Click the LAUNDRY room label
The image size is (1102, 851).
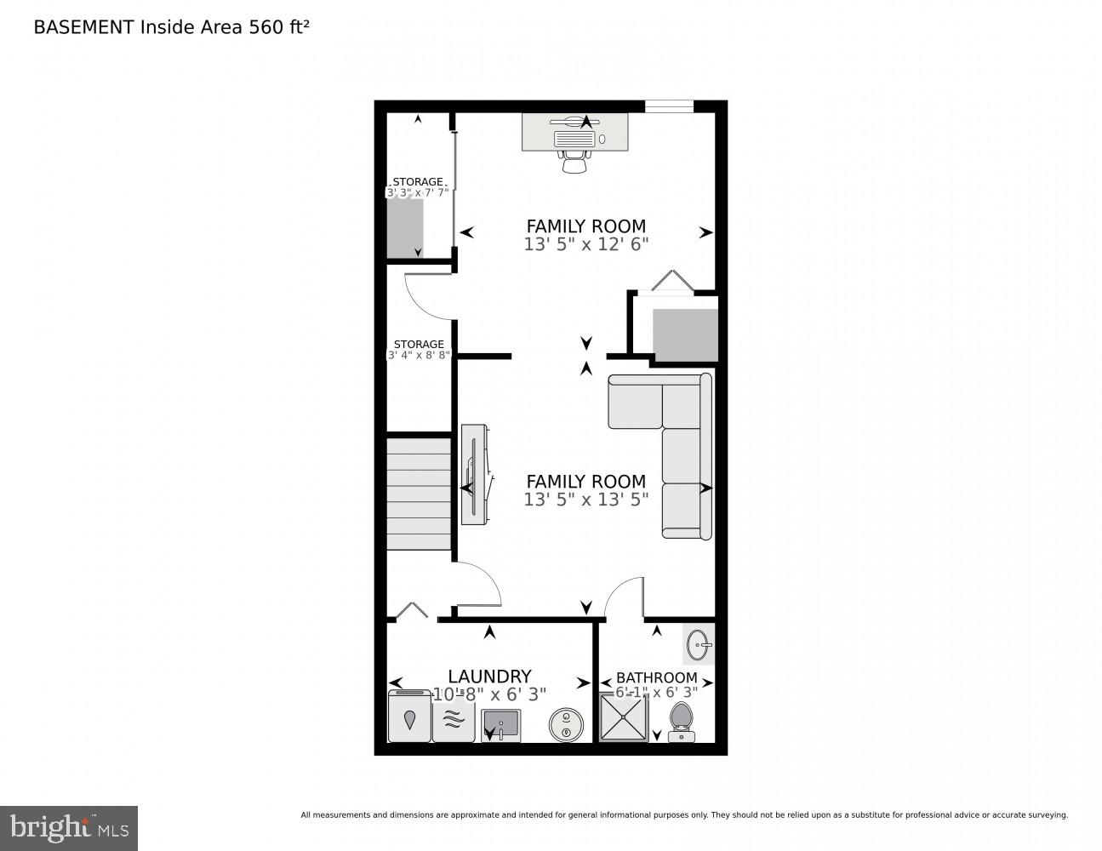(x=489, y=677)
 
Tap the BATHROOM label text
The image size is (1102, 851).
(x=656, y=677)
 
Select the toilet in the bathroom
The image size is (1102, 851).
(x=681, y=720)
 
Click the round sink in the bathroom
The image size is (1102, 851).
(x=699, y=644)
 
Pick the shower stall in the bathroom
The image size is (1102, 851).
(x=624, y=717)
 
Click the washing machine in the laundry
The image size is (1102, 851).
(x=409, y=717)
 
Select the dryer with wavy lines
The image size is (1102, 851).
(x=454, y=717)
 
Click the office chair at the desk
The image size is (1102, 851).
(x=574, y=160)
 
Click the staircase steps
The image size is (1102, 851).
(x=419, y=494)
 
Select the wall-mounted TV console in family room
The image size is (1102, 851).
(x=475, y=474)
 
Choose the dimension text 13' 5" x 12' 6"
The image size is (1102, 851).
(x=586, y=244)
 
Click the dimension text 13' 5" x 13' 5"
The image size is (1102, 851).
(x=586, y=500)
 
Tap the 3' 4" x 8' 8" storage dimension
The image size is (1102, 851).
(x=419, y=355)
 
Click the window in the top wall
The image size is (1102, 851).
(x=669, y=106)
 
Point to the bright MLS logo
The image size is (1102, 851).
(x=68, y=827)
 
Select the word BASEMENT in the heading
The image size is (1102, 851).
(x=83, y=27)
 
